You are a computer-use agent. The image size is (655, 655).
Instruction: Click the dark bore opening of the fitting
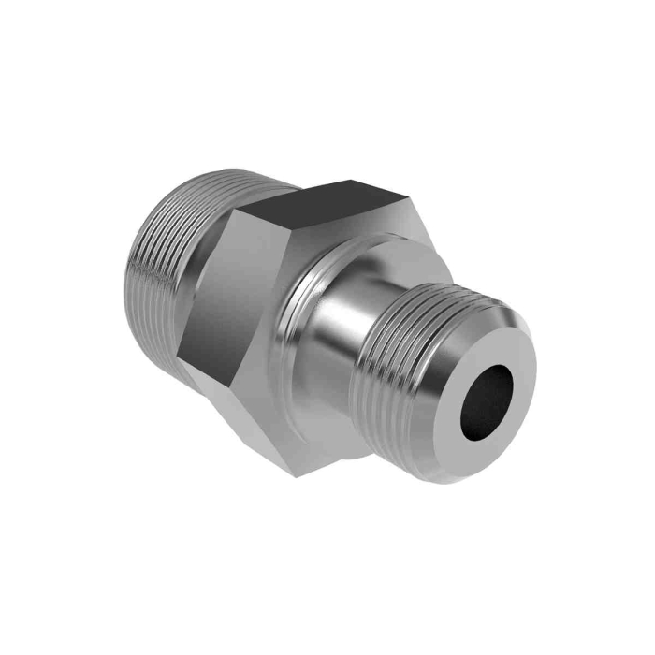[487, 398]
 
